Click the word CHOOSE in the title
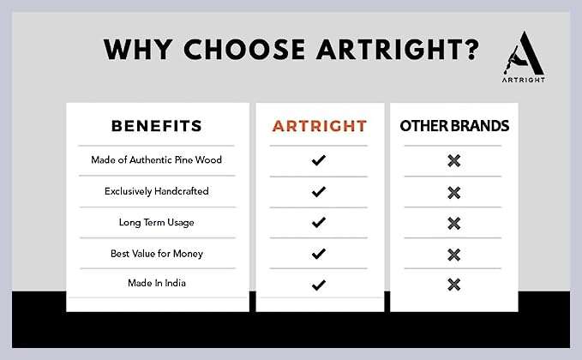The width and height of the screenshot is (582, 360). click(x=244, y=50)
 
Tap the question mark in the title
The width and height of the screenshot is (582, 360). click(x=472, y=50)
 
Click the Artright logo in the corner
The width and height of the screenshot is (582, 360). click(x=524, y=57)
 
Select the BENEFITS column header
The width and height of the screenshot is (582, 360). click(x=157, y=126)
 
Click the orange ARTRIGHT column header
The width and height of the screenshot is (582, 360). click(x=320, y=126)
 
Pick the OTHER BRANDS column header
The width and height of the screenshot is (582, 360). click(x=454, y=126)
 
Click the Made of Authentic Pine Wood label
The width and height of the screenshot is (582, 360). click(x=156, y=159)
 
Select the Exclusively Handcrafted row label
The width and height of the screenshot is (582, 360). click(x=157, y=191)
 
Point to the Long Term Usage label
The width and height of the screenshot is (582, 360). click(x=157, y=222)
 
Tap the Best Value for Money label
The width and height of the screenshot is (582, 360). click(x=157, y=254)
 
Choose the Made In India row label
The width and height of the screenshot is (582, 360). click(x=157, y=283)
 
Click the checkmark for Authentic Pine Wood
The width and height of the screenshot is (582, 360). click(x=319, y=160)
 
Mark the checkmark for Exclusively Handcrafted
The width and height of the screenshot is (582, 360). click(x=319, y=191)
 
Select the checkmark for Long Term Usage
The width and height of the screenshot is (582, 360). click(x=319, y=222)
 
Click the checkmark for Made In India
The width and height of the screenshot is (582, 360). click(x=319, y=285)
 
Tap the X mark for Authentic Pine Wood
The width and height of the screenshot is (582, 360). click(x=454, y=160)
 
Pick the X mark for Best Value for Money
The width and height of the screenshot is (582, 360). click(x=454, y=255)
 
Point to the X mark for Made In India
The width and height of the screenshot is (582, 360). click(x=454, y=285)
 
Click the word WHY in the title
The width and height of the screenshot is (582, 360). click(x=138, y=50)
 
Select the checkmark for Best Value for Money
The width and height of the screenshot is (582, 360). click(x=319, y=254)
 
